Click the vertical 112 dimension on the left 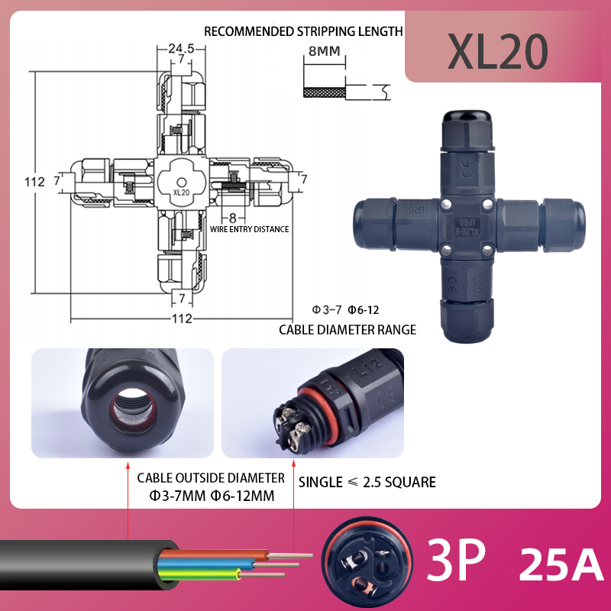coord(34,182)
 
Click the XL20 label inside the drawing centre coord(181,192)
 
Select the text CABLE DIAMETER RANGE coord(348,330)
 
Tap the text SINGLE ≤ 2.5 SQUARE coord(367,482)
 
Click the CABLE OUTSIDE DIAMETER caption coord(211,478)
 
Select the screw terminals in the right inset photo coord(289,422)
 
